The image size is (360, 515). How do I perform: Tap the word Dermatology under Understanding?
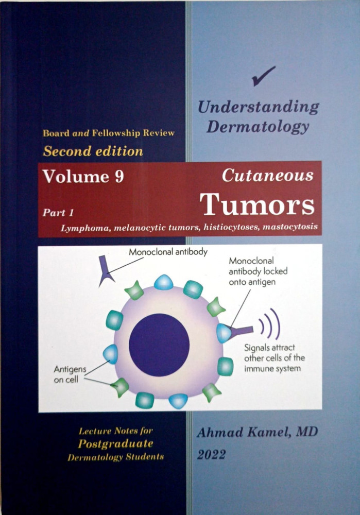point(258,127)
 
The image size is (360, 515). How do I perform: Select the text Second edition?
point(93,151)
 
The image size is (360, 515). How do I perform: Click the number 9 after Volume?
point(119,177)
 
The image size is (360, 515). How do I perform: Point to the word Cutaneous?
point(268,175)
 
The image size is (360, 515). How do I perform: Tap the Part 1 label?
point(58,213)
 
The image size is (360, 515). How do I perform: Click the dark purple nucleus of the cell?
point(159,345)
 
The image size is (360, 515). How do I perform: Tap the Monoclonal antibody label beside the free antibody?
point(168,252)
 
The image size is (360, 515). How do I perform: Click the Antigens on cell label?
point(70,374)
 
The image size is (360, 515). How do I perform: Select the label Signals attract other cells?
point(275,358)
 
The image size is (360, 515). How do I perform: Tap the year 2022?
point(211,455)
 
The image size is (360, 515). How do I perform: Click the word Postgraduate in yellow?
point(115,444)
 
